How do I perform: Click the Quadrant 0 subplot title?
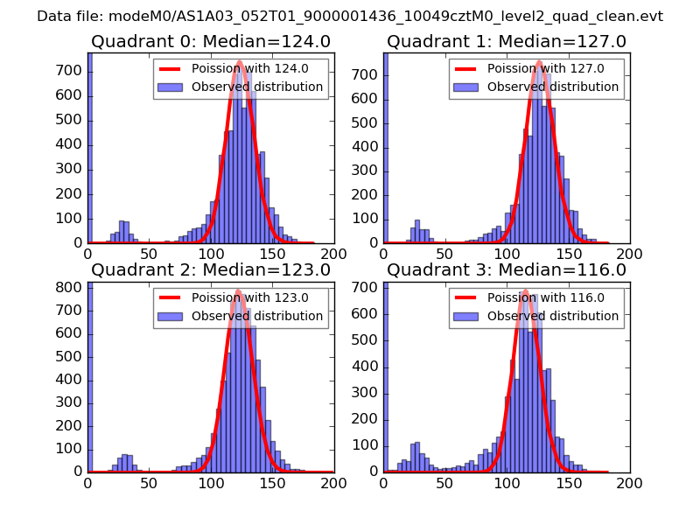click(x=210, y=42)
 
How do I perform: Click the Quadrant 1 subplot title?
click(x=507, y=42)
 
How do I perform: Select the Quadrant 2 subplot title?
click(x=210, y=270)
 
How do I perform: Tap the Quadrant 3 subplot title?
click(x=507, y=270)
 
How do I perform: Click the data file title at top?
click(x=350, y=16)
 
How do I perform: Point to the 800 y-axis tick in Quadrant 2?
click(x=73, y=287)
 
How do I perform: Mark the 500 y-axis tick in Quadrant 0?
click(x=73, y=122)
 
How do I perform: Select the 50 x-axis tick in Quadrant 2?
click(x=149, y=482)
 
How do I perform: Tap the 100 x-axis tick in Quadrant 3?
click(x=507, y=482)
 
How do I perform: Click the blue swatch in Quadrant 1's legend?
click(x=467, y=87)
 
